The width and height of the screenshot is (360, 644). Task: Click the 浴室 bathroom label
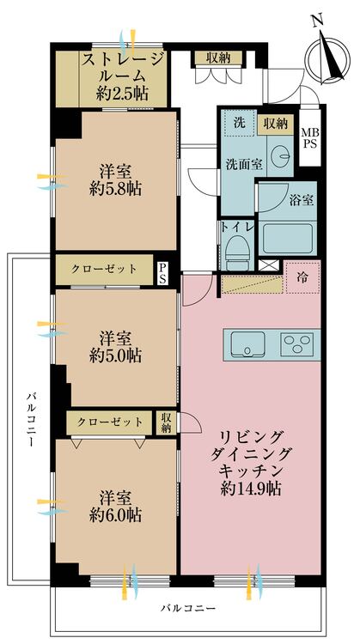point(301,200)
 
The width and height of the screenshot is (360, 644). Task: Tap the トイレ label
point(236,228)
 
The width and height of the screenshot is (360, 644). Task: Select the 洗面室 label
point(244,163)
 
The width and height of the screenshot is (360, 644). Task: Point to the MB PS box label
point(308,140)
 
